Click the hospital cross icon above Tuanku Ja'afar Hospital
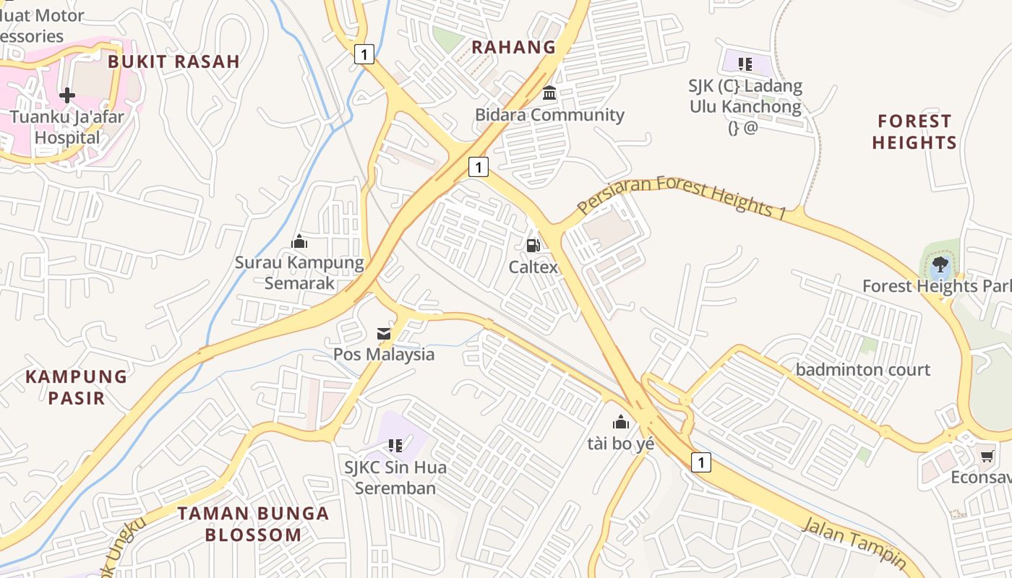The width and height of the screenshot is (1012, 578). tap(67, 95)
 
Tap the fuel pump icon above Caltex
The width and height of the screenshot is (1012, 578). tap(533, 246)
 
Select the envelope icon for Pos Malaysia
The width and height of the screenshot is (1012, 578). tap(384, 334)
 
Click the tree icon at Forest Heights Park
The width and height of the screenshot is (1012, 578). tap(940, 264)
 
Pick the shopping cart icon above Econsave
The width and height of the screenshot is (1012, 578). tap(987, 456)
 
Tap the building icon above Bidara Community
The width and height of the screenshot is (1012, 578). tap(549, 93)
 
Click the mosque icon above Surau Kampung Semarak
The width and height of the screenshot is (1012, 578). tap(299, 241)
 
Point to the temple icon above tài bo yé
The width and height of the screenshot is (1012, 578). tap(621, 422)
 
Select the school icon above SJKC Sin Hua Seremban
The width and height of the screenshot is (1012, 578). tap(395, 446)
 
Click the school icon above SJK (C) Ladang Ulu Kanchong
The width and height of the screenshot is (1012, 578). tap(745, 64)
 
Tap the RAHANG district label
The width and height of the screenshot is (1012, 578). tap(514, 48)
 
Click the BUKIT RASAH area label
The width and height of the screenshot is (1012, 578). tap(173, 61)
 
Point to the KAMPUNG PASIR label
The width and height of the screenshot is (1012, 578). tap(77, 387)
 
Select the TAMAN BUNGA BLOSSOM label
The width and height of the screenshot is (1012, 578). tap(253, 525)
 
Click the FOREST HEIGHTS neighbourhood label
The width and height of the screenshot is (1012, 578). tap(914, 131)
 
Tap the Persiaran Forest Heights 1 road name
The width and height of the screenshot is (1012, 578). tap(682, 196)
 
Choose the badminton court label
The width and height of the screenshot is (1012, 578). tap(863, 370)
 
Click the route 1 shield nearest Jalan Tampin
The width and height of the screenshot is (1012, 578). tap(700, 462)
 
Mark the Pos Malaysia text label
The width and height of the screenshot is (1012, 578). tap(384, 354)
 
